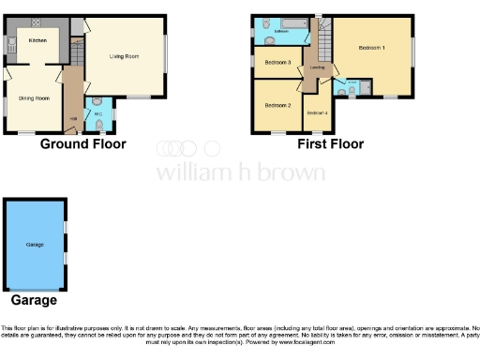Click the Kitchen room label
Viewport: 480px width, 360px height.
pos(37,40)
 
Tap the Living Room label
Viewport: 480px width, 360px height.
pos(124,57)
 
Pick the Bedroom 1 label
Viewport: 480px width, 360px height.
pos(372,48)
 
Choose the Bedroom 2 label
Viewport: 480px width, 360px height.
pos(277,106)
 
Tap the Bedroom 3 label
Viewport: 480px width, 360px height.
pos(277,63)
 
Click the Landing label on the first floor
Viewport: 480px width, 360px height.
pos(318,67)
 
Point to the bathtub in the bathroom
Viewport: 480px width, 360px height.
pos(281,23)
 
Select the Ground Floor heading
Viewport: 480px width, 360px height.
pos(83,144)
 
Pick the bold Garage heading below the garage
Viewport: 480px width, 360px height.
pos(34,301)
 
